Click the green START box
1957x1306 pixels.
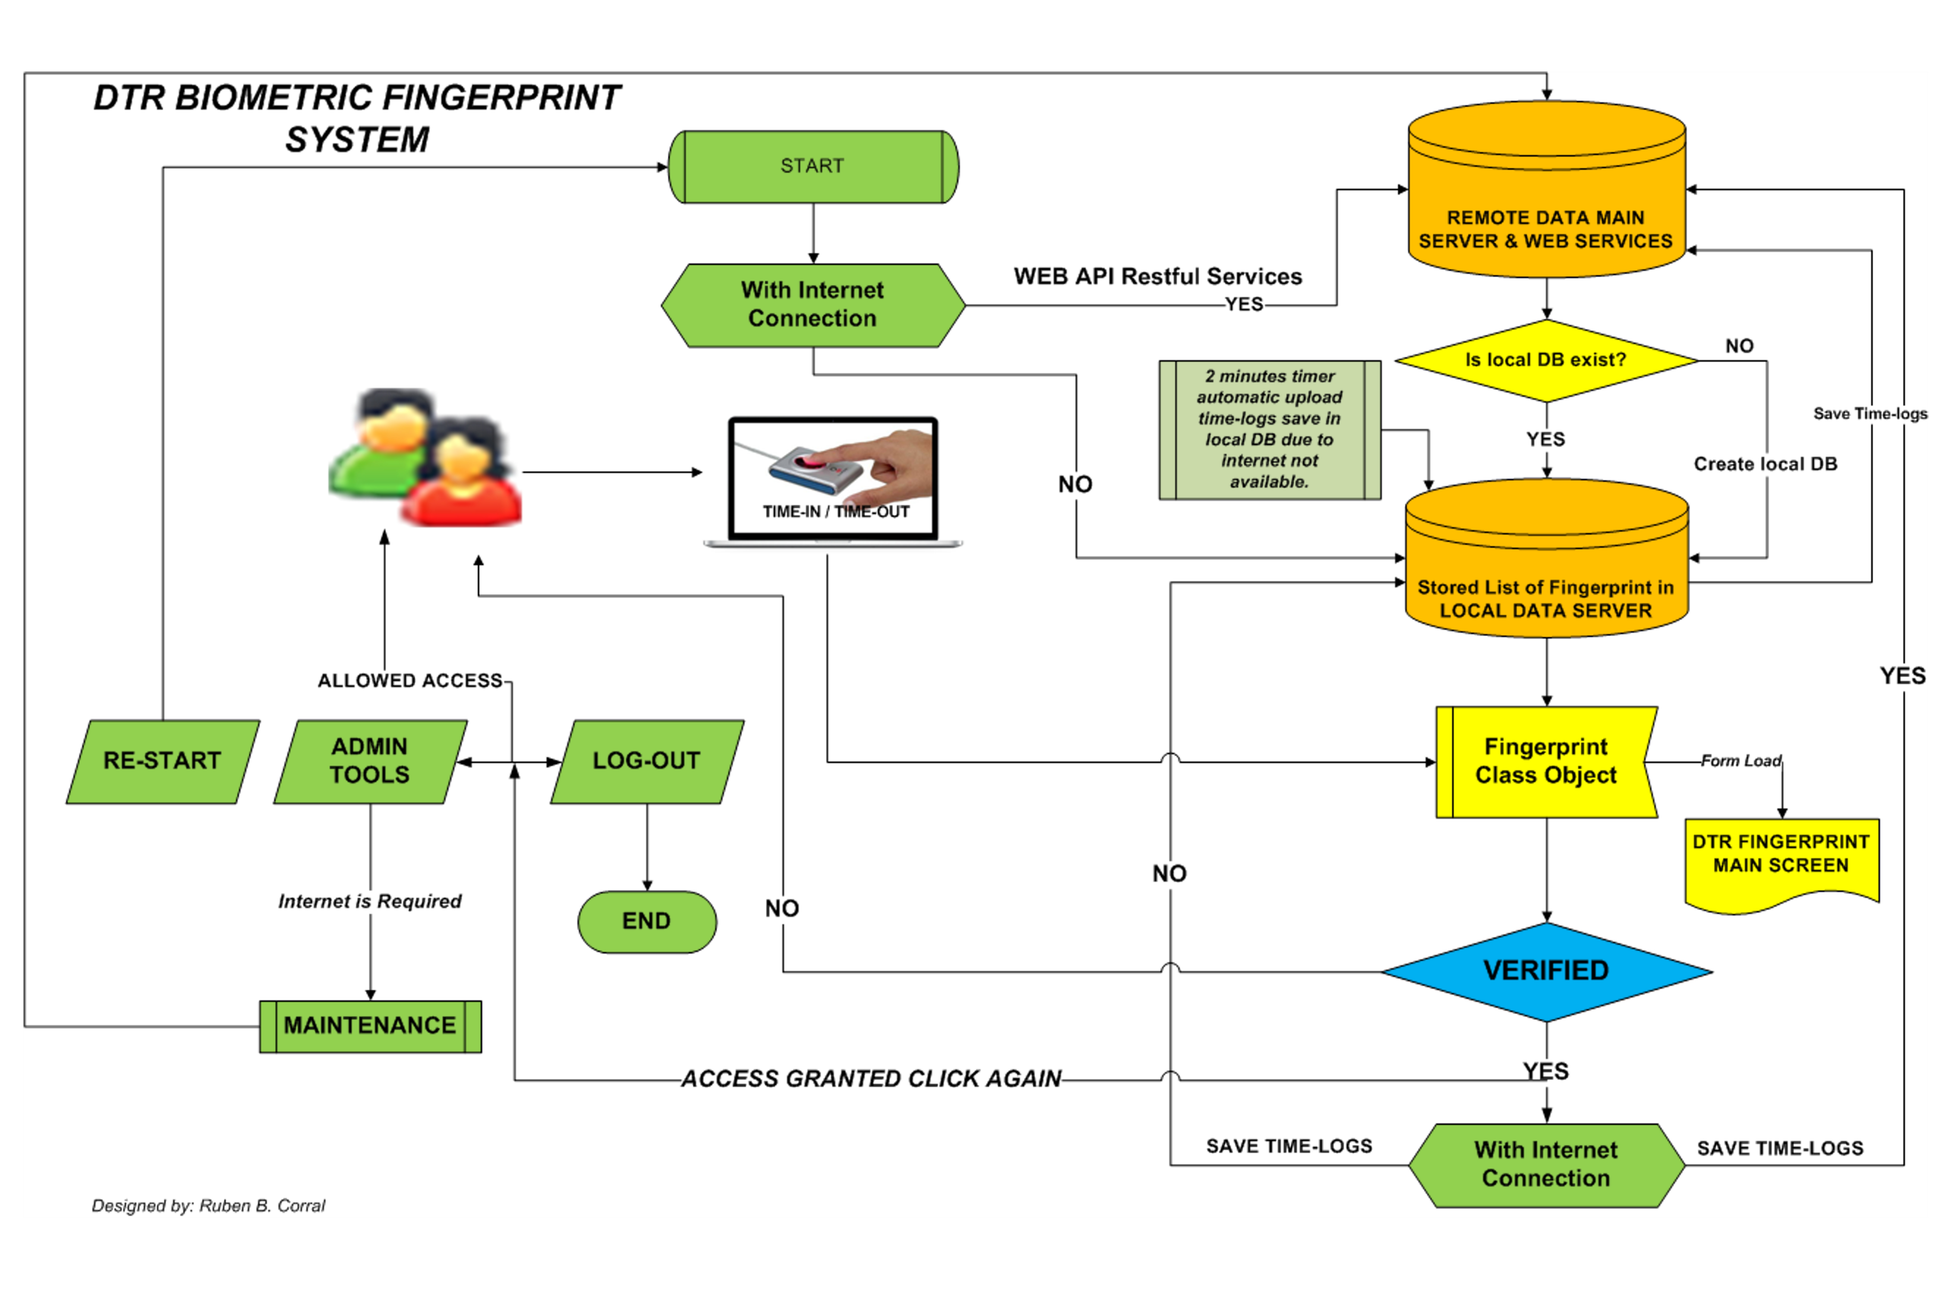813,167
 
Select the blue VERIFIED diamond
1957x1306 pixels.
1546,971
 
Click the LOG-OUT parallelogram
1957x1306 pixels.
647,761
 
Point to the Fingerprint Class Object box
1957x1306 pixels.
1546,761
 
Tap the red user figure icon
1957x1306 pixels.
462,483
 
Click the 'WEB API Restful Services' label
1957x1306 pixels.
1157,277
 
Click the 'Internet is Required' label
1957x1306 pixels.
370,901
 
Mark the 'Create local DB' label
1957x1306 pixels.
1766,464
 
